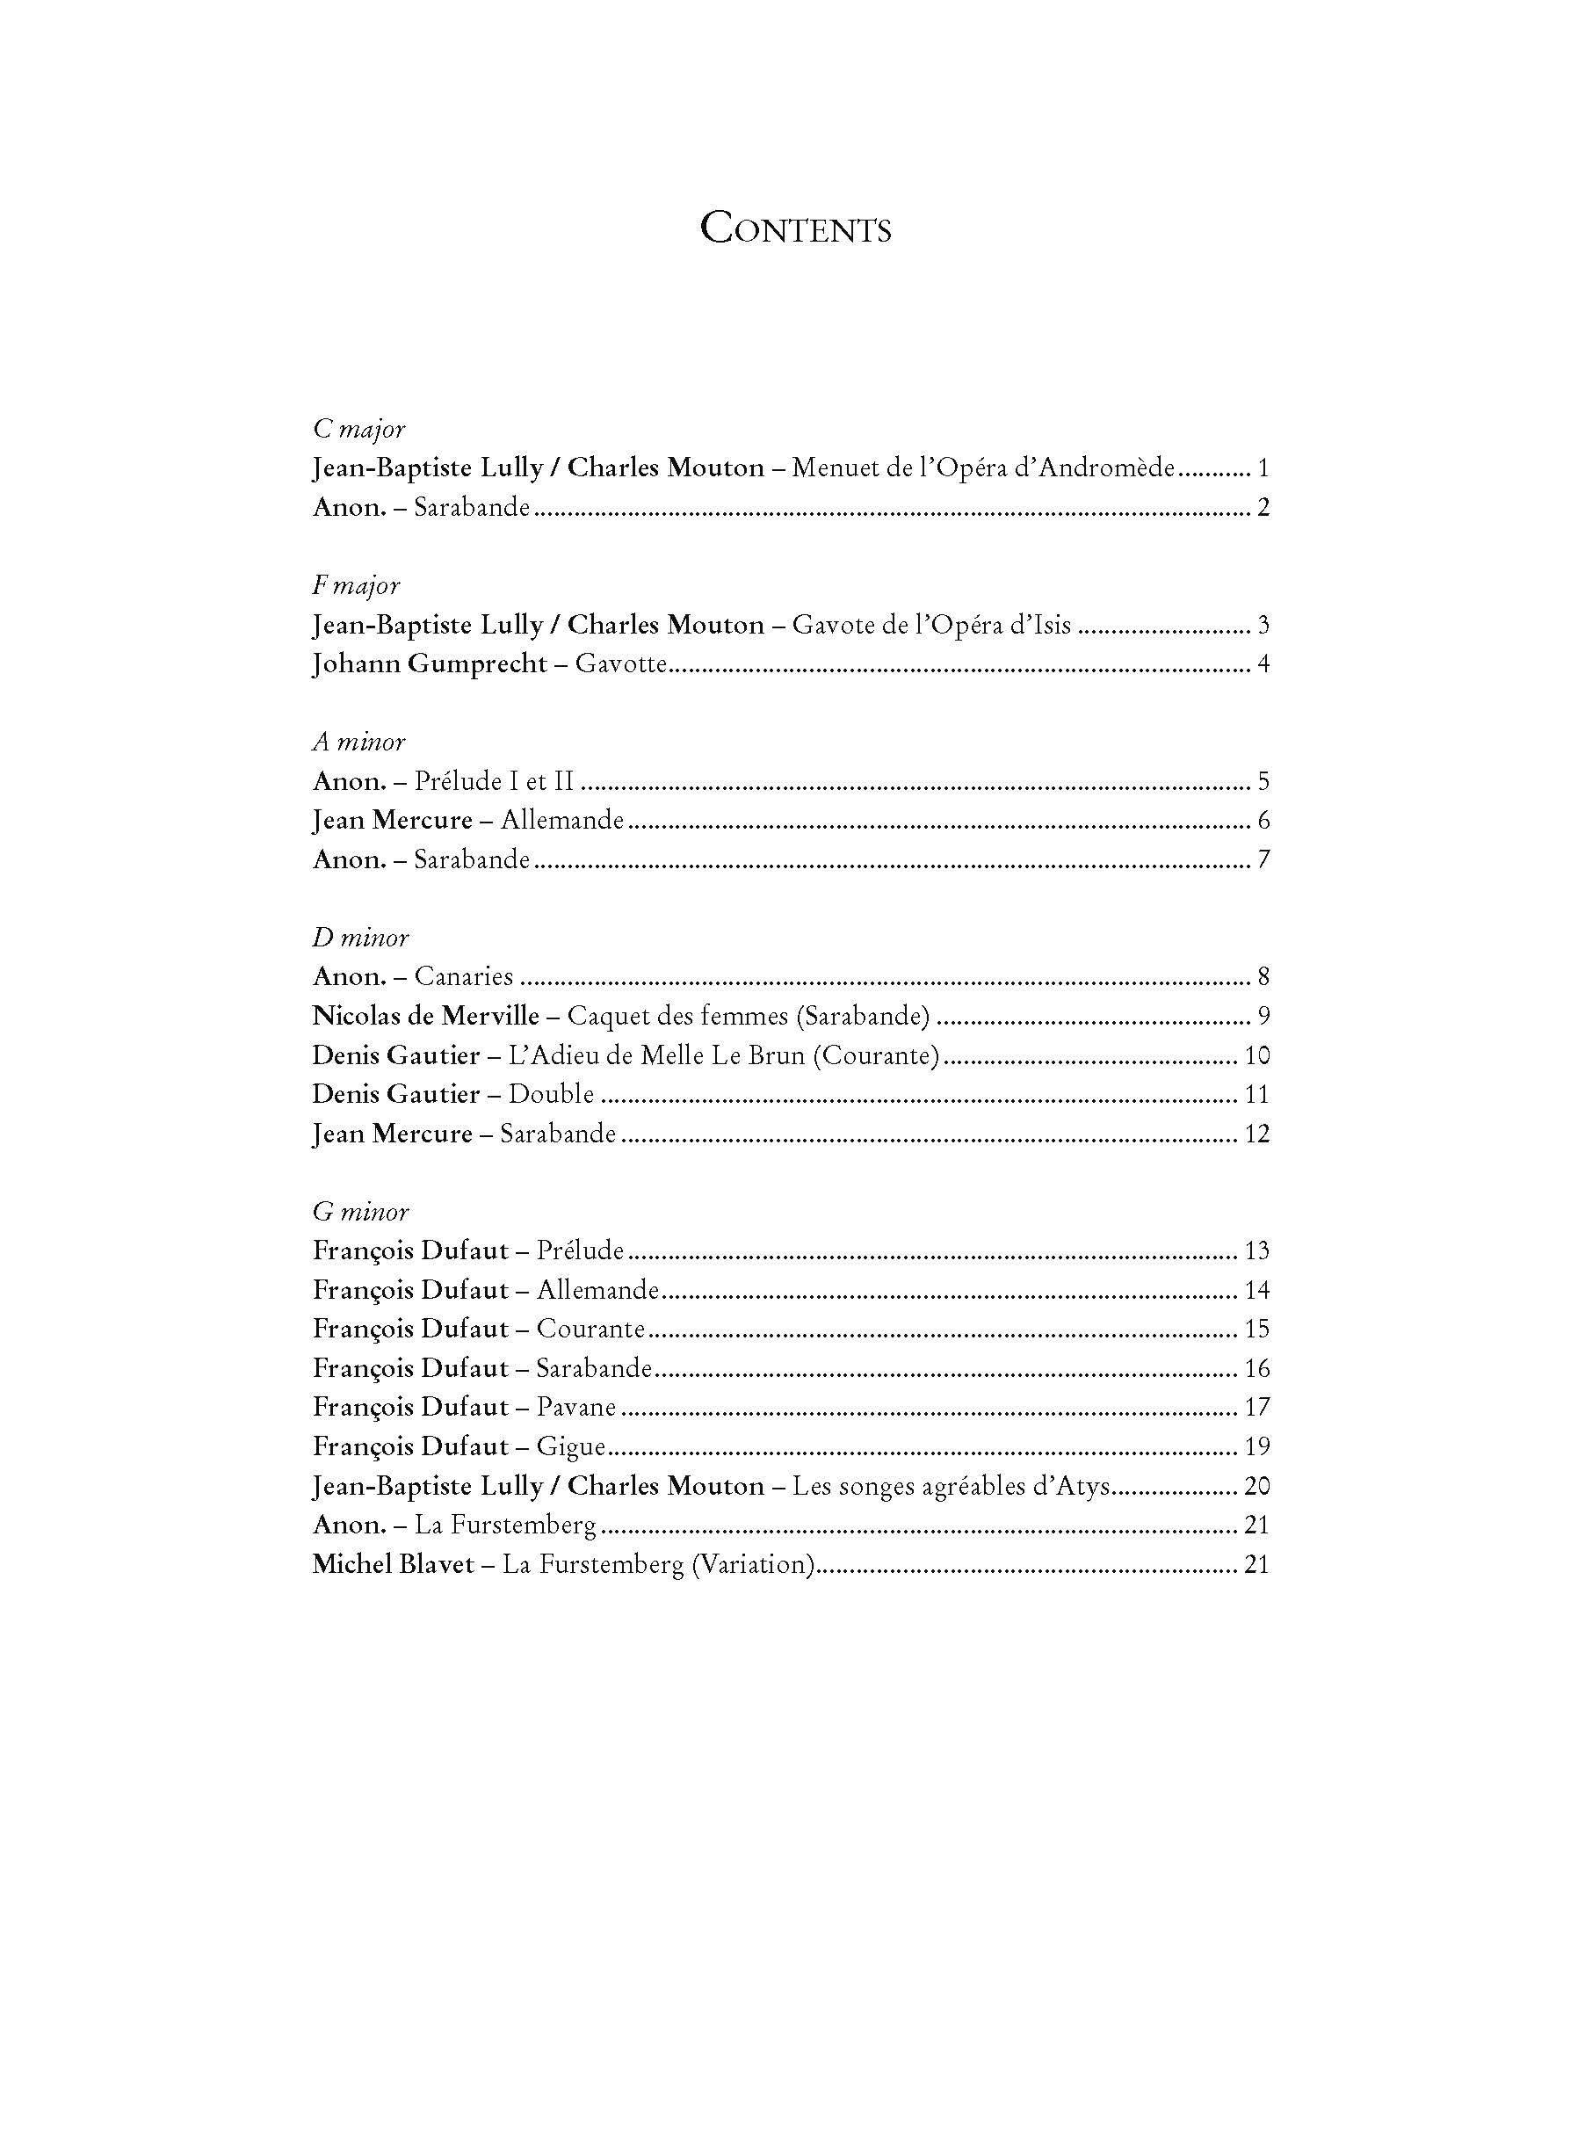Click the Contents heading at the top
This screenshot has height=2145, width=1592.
click(795, 229)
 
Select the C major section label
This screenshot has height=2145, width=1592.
click(358, 429)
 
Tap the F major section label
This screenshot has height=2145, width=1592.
click(356, 585)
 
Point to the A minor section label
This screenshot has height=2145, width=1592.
click(358, 742)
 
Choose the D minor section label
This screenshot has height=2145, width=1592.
click(360, 938)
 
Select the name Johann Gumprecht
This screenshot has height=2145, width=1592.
click(430, 664)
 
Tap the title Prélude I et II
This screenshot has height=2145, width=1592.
click(495, 781)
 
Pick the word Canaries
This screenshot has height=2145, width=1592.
click(464, 977)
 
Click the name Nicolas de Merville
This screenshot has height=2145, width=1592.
click(426, 1016)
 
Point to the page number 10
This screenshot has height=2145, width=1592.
click(1256, 1055)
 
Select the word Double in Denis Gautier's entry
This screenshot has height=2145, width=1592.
click(551, 1095)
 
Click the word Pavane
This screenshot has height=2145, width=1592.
click(576, 1408)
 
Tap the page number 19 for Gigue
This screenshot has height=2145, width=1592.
click(1256, 1446)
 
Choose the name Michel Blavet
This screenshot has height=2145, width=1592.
click(394, 1564)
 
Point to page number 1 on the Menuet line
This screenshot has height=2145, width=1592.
click(1263, 468)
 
